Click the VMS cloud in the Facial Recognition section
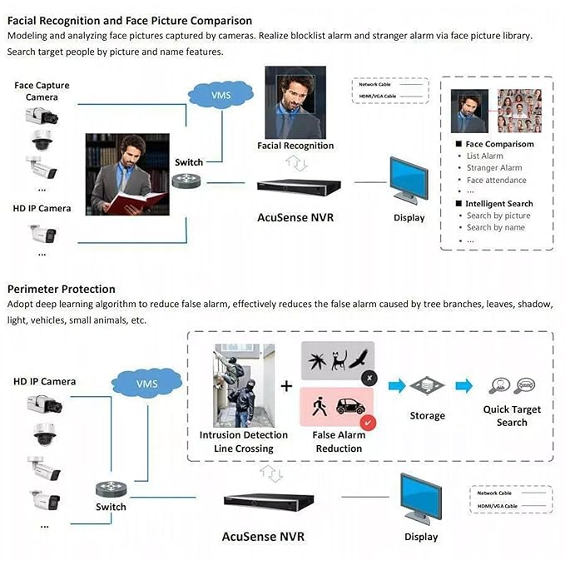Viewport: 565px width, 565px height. pos(221,95)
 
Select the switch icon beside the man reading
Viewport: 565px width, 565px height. pos(188,181)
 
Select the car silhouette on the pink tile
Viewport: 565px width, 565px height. pos(350,407)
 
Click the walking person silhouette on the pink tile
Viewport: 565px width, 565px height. pos(319,407)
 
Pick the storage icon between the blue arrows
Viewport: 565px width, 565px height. pos(427,386)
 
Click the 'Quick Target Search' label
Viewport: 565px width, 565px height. pos(512,415)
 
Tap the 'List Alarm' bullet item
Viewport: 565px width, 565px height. pos(484,156)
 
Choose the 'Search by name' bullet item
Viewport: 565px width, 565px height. pos(495,227)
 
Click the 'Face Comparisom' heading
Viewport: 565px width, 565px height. pos(499,144)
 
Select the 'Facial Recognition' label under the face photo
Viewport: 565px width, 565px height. pos(295,146)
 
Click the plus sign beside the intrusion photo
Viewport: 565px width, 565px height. pos(286,386)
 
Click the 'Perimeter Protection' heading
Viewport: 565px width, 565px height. pos(62,289)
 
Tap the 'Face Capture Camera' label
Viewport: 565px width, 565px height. pos(42,91)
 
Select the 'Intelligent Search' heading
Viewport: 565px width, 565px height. pos(498,204)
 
